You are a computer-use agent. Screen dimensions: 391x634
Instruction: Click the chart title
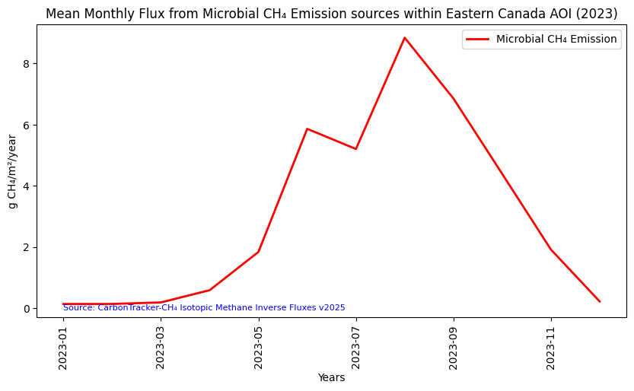[x=331, y=14]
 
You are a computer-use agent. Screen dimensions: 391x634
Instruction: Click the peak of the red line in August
[x=405, y=38]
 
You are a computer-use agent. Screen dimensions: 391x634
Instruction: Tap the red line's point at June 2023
[x=307, y=129]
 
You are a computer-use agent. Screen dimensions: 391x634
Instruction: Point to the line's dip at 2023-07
[x=355, y=148]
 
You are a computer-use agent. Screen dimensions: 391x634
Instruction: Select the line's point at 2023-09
[x=454, y=99]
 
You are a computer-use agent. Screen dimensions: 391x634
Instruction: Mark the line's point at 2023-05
[x=259, y=252]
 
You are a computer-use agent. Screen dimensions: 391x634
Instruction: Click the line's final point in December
[x=600, y=302]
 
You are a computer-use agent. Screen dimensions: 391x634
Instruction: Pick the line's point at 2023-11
[x=551, y=250]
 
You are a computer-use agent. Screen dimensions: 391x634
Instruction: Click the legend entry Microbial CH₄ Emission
[x=556, y=40]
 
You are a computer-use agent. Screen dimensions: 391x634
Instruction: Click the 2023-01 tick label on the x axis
[x=63, y=345]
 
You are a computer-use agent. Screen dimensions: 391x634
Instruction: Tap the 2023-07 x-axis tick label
[x=355, y=345]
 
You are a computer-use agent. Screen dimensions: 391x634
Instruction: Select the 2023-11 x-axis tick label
[x=551, y=345]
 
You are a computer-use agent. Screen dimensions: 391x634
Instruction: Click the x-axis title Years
[x=331, y=377]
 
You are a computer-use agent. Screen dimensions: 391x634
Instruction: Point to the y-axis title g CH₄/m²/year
[x=12, y=171]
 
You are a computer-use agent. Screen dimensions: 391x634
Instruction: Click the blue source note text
[x=204, y=307]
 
